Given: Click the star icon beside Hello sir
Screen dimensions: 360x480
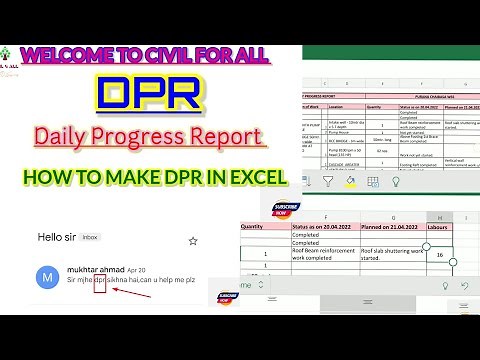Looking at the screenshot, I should point(193,241).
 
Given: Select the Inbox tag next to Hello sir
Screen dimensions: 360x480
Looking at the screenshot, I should point(90,239).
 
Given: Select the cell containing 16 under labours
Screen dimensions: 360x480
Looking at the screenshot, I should point(441,254).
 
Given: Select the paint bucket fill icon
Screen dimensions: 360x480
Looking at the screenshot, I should point(351,183).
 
